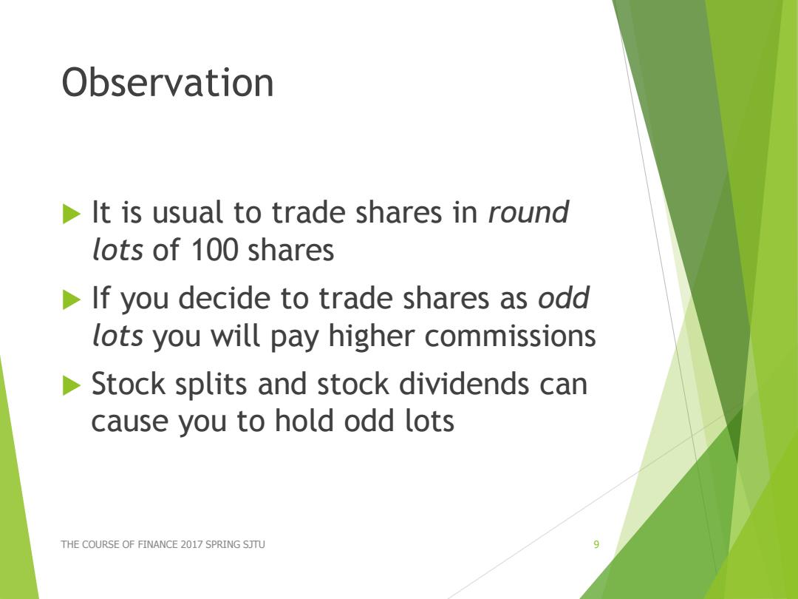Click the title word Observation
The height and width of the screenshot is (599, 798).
click(x=168, y=82)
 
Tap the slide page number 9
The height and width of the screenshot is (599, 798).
click(x=596, y=544)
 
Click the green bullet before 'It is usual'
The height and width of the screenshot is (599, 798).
click(x=72, y=213)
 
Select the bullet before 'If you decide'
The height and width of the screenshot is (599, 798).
click(x=72, y=299)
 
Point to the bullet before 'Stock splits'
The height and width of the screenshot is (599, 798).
click(x=72, y=385)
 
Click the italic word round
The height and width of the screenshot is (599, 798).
click(x=528, y=212)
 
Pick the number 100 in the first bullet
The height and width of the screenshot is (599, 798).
click(x=214, y=250)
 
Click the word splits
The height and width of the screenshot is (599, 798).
click(x=211, y=385)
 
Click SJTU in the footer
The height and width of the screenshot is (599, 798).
click(x=254, y=544)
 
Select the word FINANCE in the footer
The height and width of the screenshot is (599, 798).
click(x=158, y=544)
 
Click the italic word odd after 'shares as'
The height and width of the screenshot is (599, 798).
click(x=564, y=297)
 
